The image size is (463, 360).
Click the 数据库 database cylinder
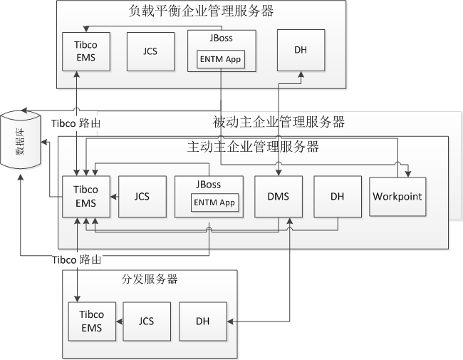tap(19, 139)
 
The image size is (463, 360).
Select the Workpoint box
tap(397, 195)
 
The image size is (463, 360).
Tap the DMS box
tap(279, 196)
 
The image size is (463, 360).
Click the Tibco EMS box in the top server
tap(85, 51)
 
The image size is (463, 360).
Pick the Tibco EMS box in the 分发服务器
tap(91, 321)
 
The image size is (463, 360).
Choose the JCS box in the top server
tap(150, 51)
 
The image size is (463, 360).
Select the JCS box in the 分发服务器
tap(147, 321)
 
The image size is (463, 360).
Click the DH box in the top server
tap(301, 51)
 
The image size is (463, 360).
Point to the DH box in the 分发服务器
tap(203, 322)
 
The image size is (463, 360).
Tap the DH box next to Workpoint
tap(338, 196)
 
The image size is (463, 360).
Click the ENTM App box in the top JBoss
tap(220, 60)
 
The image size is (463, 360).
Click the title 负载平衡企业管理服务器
tap(202, 11)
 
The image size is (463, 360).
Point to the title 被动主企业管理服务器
tap(279, 122)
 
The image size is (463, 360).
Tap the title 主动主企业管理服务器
tap(252, 148)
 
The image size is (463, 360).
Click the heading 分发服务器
tap(145, 279)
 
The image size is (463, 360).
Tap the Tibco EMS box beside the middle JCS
tap(85, 196)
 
